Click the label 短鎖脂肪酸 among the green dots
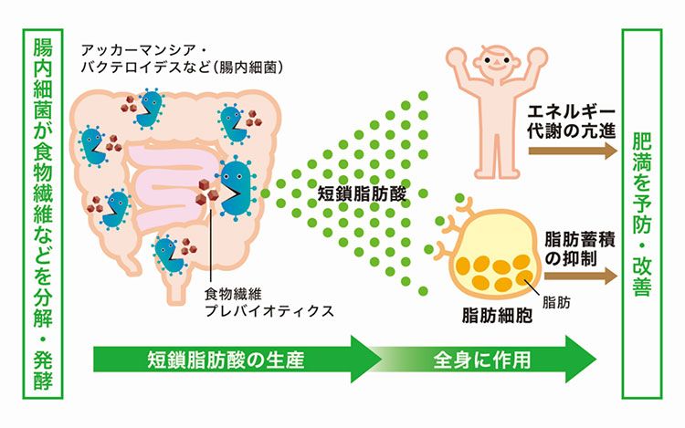(x=358, y=193)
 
